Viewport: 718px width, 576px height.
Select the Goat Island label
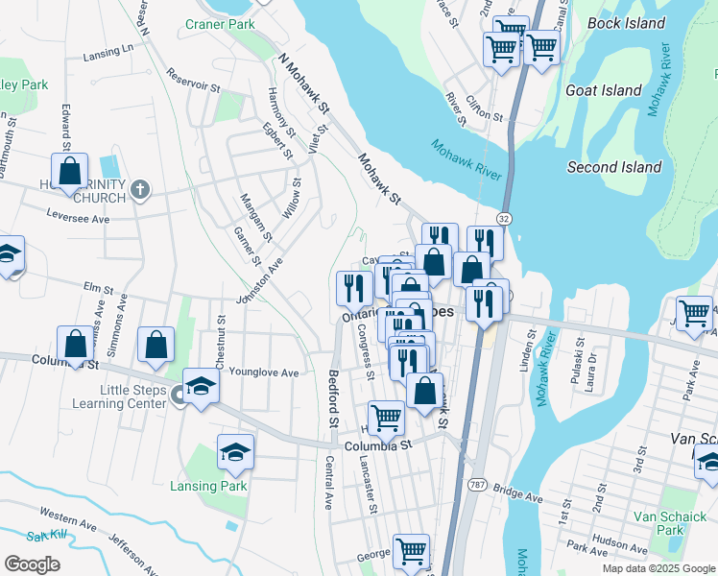point(604,90)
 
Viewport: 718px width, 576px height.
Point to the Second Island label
point(614,167)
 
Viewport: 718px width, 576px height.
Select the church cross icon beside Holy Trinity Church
point(140,189)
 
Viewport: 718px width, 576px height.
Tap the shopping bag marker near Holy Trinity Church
point(70,173)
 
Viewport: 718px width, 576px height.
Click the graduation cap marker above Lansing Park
point(235,452)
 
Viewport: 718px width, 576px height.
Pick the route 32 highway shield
point(504,219)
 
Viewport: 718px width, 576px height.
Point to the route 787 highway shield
point(477,485)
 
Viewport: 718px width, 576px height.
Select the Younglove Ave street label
point(265,372)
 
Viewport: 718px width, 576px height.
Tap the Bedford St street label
point(334,398)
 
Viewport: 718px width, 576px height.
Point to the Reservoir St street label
point(193,80)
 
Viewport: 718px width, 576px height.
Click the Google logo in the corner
point(32,564)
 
